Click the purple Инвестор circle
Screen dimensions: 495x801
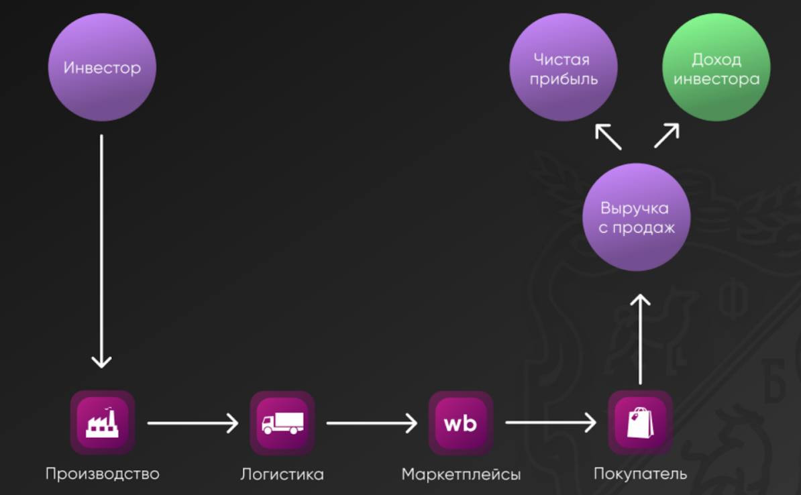[102, 68]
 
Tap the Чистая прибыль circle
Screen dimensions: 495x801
[563, 68]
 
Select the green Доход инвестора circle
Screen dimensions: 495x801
[716, 68]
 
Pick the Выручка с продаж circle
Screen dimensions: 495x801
[635, 217]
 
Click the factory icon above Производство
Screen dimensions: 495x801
[103, 423]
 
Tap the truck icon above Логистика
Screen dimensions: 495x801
[282, 423]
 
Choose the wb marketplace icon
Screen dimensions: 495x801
[461, 423]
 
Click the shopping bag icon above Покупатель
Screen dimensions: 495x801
[640, 423]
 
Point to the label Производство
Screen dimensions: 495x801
[103, 474]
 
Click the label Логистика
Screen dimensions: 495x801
[282, 474]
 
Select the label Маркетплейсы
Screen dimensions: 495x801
[461, 474]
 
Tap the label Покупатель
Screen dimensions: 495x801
[640, 474]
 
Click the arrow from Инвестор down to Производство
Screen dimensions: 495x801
[101, 252]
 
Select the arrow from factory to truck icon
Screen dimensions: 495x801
[193, 423]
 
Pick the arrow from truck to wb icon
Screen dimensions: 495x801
[372, 423]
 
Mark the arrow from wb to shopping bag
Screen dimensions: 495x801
[551, 423]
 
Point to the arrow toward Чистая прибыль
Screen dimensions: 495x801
[608, 136]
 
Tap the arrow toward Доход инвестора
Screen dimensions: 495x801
[666, 135]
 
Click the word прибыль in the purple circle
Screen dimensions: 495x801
[563, 78]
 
